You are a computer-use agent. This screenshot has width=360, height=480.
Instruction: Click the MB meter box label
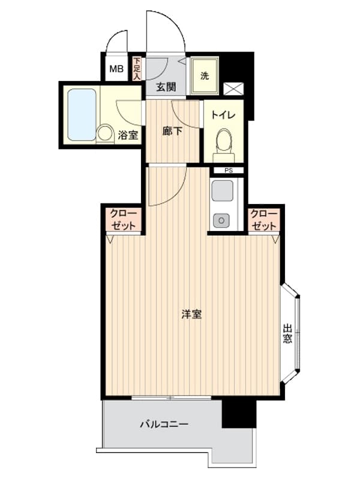[116, 69]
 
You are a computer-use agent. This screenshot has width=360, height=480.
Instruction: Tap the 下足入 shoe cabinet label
[137, 69]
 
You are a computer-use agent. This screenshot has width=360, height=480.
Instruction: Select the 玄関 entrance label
[166, 87]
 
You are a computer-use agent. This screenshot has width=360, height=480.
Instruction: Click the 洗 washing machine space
[205, 76]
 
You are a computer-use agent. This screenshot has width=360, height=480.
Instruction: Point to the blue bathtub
[82, 115]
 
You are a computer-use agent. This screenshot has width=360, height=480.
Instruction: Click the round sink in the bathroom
[104, 133]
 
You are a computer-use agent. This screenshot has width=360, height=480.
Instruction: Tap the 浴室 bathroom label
[128, 135]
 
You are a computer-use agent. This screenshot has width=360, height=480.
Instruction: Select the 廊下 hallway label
[172, 131]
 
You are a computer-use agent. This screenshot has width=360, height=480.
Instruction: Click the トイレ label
[223, 115]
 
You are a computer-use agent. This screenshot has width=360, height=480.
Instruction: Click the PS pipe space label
[229, 171]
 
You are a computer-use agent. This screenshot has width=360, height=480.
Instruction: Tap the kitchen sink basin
[222, 191]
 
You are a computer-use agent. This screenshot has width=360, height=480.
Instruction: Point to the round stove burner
[221, 220]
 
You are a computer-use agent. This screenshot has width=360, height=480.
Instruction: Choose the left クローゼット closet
[124, 220]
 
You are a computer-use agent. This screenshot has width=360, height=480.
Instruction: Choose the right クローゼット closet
[264, 220]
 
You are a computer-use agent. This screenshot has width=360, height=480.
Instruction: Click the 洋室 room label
[191, 314]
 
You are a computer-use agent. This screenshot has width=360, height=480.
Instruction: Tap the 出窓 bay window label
[287, 334]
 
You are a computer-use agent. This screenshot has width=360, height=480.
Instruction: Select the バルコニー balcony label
[164, 424]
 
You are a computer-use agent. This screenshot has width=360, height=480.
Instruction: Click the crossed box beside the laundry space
[233, 89]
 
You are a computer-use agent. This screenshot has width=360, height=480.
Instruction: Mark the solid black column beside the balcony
[238, 414]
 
